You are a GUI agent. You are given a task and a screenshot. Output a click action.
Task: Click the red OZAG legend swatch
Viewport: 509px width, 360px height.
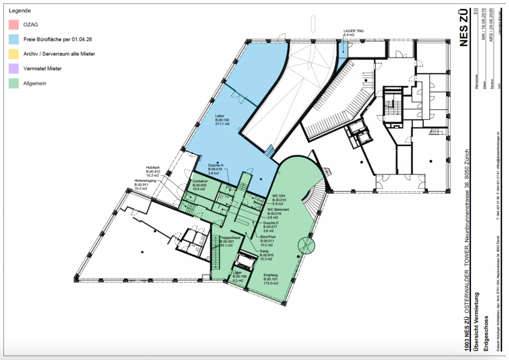point(14,25)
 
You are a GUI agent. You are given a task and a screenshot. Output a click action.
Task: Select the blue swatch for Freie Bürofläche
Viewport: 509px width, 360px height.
point(14,39)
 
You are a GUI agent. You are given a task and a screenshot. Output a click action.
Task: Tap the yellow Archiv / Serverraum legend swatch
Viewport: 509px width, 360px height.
point(14,54)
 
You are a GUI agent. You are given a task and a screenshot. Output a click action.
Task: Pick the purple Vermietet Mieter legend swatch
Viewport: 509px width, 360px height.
point(14,69)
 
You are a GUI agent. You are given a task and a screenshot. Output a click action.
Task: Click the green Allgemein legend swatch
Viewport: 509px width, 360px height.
point(14,83)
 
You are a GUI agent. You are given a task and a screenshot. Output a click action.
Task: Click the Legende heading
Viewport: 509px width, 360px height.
point(20,11)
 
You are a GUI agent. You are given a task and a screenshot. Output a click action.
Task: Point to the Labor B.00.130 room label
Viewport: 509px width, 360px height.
point(222,120)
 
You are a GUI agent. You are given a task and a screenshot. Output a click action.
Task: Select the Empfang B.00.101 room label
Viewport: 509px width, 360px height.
point(271,279)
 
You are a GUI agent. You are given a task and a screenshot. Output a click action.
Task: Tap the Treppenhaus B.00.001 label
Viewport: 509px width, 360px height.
point(230,242)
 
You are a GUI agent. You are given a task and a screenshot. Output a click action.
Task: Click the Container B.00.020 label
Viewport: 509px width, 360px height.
point(200,185)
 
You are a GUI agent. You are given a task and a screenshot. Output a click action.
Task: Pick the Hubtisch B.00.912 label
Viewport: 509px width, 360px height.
point(153,172)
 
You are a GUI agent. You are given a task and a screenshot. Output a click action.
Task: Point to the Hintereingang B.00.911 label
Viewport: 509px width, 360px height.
point(145,184)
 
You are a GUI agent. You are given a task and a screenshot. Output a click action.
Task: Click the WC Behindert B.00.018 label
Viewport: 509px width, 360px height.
point(278,213)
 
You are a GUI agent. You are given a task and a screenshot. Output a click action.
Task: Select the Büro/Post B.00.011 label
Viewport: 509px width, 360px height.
point(268,241)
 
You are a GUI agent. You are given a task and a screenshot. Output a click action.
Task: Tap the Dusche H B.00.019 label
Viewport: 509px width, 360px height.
point(215,169)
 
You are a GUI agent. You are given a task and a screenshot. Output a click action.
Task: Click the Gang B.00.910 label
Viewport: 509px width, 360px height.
point(266,255)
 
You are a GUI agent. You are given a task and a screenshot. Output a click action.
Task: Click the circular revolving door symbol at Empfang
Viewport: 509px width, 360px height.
point(306,245)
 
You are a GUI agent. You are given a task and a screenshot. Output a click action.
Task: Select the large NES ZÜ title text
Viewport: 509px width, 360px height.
point(464,28)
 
